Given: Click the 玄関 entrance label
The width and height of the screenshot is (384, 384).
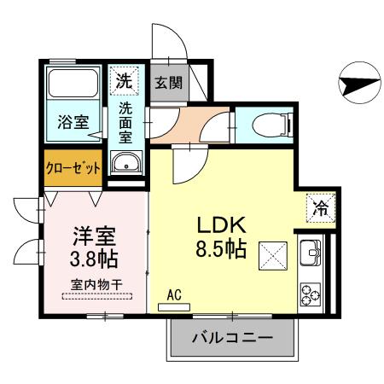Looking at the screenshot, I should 168,83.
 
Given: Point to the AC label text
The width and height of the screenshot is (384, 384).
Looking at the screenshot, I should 175,295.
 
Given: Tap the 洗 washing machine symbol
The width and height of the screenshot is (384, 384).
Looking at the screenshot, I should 125,82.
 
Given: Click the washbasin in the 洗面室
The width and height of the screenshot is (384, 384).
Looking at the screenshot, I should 126,162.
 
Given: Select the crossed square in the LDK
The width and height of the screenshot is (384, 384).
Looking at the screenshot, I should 272,253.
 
